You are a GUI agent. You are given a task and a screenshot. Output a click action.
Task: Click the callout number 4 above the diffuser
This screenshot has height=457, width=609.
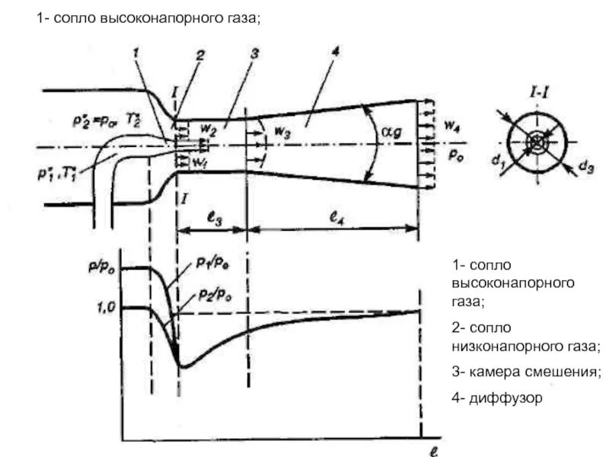click(335, 53)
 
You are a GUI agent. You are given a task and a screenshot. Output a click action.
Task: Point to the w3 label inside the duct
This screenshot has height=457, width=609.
click(281, 132)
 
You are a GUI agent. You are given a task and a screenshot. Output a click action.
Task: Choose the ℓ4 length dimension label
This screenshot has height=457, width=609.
click(336, 218)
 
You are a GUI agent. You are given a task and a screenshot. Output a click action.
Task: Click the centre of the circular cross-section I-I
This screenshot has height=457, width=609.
click(538, 142)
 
